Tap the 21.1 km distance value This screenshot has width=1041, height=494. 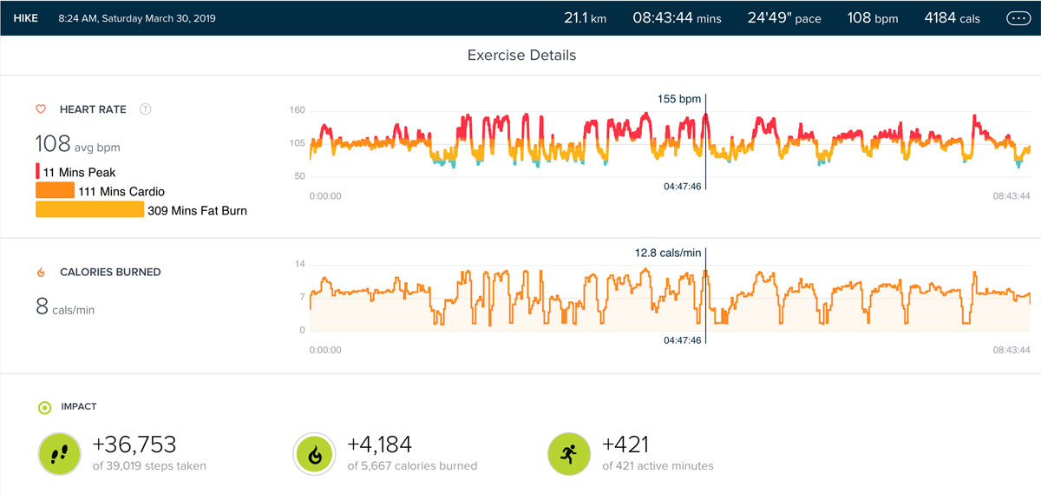pyautogui.click(x=585, y=17)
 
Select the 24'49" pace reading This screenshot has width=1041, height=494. pyautogui.click(x=784, y=17)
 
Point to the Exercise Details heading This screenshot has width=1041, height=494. pyautogui.click(x=521, y=56)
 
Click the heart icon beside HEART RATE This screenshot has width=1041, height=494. pyautogui.click(x=40, y=109)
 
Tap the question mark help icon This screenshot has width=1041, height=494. pyautogui.click(x=146, y=109)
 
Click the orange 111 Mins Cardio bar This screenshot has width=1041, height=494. pyautogui.click(x=55, y=191)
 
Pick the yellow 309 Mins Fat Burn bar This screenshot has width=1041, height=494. pyautogui.click(x=89, y=209)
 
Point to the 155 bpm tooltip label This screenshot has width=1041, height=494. pyautogui.click(x=678, y=99)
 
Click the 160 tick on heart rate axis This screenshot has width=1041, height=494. pyautogui.click(x=298, y=110)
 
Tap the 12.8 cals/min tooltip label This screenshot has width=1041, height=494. pyautogui.click(x=667, y=253)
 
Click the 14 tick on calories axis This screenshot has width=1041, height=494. pyautogui.click(x=301, y=264)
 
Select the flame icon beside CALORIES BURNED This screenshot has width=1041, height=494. pyautogui.click(x=40, y=272)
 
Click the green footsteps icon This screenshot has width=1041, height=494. pyautogui.click(x=58, y=454)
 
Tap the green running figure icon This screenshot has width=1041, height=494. pyautogui.click(x=568, y=454)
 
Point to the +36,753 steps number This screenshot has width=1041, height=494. pyautogui.click(x=134, y=445)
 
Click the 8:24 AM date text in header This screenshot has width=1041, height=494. pyautogui.click(x=137, y=17)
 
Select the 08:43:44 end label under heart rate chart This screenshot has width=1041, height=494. pyautogui.click(x=1011, y=196)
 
